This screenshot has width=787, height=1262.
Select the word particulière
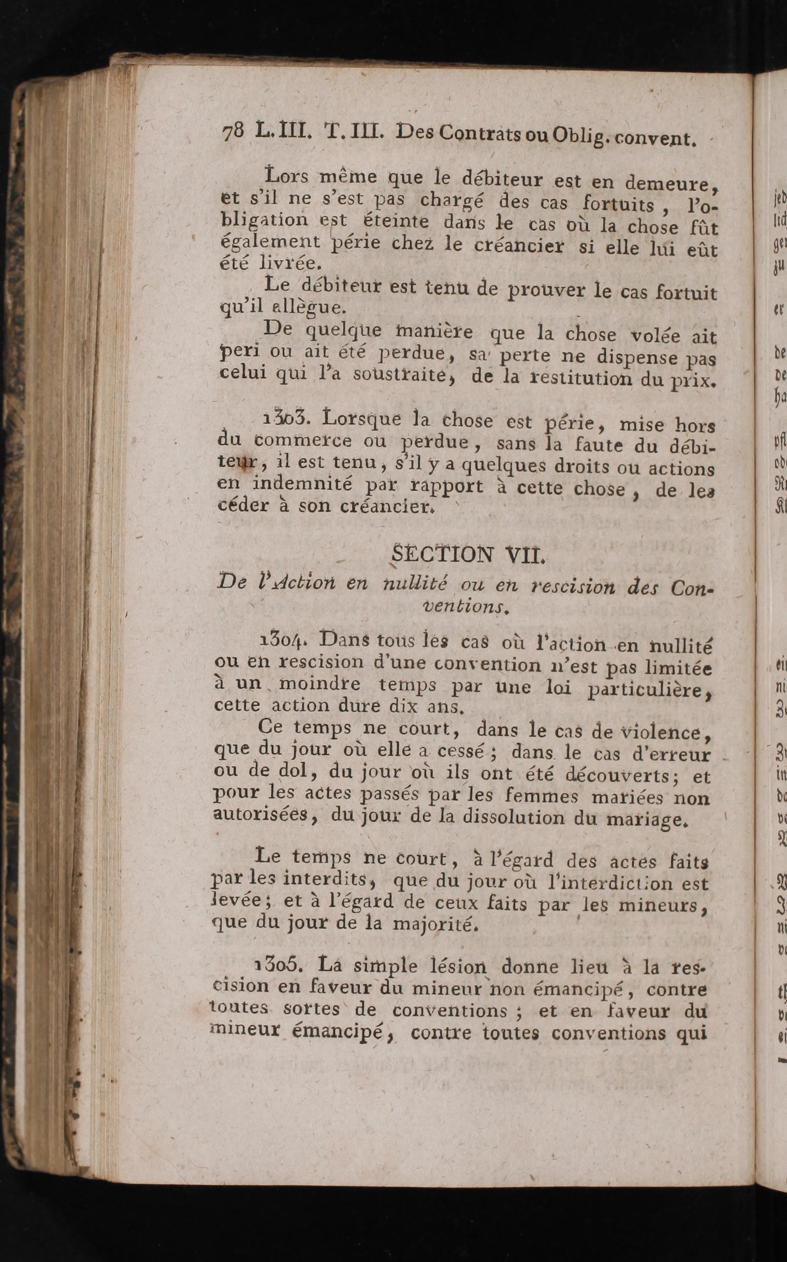pyautogui.click(x=648, y=690)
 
